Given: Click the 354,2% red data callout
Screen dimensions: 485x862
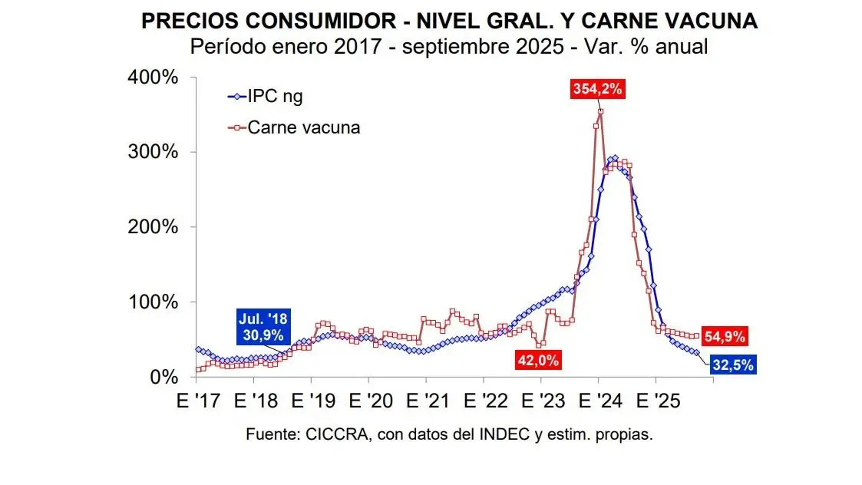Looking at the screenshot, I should [598, 88].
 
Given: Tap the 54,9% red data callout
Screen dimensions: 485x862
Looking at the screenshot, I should [725, 336].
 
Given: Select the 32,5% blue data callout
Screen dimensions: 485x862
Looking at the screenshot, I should [733, 365].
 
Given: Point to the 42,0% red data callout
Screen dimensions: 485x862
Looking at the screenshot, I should [538, 358].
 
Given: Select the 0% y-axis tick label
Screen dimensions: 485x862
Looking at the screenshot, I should [164, 377].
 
